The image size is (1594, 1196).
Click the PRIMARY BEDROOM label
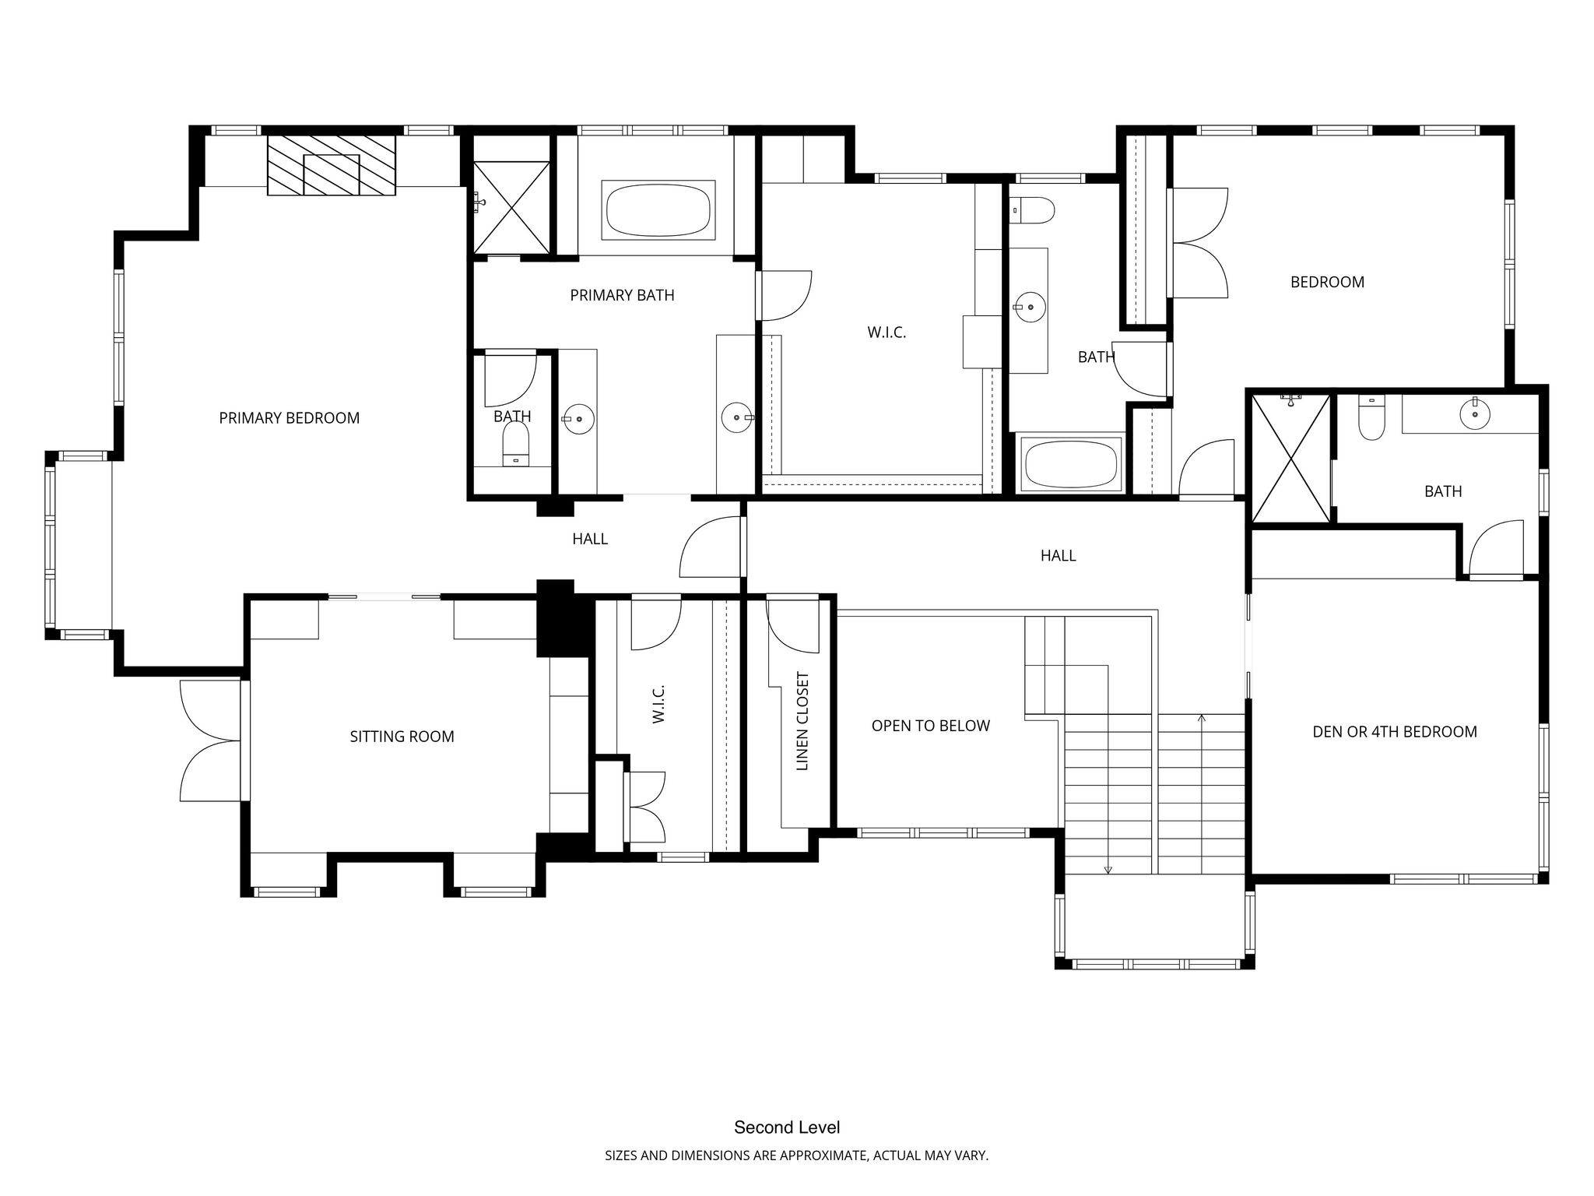tap(290, 418)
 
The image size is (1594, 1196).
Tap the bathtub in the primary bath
tap(658, 210)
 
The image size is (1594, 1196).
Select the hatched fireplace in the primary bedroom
tap(332, 165)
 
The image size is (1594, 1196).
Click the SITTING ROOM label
tap(402, 737)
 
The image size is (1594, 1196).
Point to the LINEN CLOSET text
tap(803, 722)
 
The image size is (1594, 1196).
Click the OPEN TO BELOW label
tap(931, 726)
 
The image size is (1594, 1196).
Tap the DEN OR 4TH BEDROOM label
tap(1395, 732)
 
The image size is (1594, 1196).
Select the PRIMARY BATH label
tap(623, 295)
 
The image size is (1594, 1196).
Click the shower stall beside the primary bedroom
tap(511, 206)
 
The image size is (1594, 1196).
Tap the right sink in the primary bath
tap(736, 417)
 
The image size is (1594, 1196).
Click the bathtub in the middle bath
tap(1070, 464)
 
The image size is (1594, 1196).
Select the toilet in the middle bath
tap(1032, 210)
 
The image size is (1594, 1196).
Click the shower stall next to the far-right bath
tap(1291, 459)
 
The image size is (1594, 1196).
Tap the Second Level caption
tap(787, 1127)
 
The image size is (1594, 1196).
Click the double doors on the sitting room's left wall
tap(210, 740)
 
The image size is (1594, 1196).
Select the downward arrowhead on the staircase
tap(1108, 870)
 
